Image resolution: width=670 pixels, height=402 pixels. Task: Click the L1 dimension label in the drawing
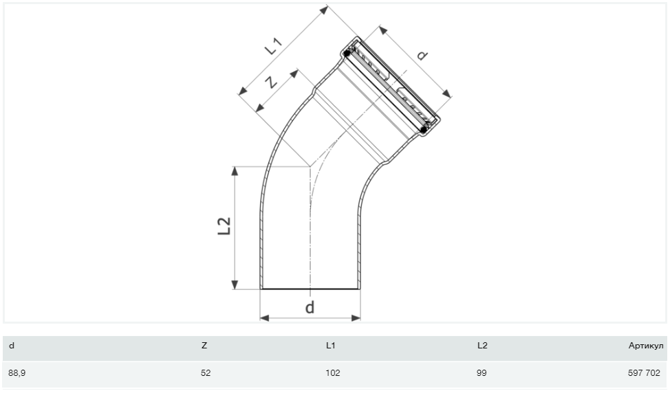pos(274,46)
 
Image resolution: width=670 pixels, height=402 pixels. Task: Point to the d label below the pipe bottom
pos(310,307)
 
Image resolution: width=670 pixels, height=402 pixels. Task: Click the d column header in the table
pos(12,346)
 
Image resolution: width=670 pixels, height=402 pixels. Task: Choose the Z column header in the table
pos(204,346)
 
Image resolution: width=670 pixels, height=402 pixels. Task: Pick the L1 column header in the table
pos(331,346)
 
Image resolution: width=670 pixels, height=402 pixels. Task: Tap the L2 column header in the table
pos(482,346)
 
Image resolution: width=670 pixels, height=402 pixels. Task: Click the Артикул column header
pos(645,346)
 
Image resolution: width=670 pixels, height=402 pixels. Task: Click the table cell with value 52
pos(206,373)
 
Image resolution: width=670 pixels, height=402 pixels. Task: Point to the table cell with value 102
pos(333,373)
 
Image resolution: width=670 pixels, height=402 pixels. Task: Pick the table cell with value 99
pos(482,373)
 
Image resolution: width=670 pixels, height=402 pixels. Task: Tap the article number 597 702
pos(644,373)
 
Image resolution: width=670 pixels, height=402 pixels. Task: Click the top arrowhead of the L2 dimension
pos(235,171)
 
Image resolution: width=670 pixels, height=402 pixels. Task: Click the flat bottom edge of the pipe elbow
pos(310,289)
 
